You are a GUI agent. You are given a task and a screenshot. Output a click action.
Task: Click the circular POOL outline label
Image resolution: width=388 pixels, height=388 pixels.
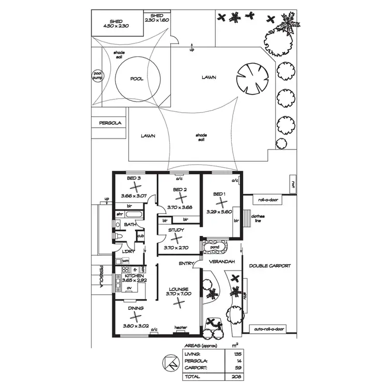(137, 79)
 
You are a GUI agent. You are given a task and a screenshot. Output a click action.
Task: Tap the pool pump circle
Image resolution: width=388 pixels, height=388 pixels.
(97, 76)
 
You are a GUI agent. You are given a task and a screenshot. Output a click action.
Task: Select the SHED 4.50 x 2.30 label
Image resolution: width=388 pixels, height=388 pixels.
(116, 23)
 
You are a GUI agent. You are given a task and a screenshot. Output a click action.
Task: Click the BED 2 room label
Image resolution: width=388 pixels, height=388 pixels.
(180, 189)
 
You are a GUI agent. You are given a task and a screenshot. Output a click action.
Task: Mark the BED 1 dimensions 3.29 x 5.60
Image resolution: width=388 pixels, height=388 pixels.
(220, 212)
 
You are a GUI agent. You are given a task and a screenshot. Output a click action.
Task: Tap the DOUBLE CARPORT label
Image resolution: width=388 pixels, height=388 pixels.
(270, 266)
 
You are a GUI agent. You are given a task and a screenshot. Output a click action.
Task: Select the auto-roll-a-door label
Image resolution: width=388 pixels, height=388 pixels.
(269, 329)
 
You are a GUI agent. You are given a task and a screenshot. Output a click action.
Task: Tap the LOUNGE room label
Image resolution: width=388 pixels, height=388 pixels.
(178, 289)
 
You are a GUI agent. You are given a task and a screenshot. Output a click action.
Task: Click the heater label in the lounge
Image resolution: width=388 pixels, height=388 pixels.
(181, 327)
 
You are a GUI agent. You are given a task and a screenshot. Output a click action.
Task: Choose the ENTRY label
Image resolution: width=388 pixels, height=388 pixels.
(186, 264)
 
